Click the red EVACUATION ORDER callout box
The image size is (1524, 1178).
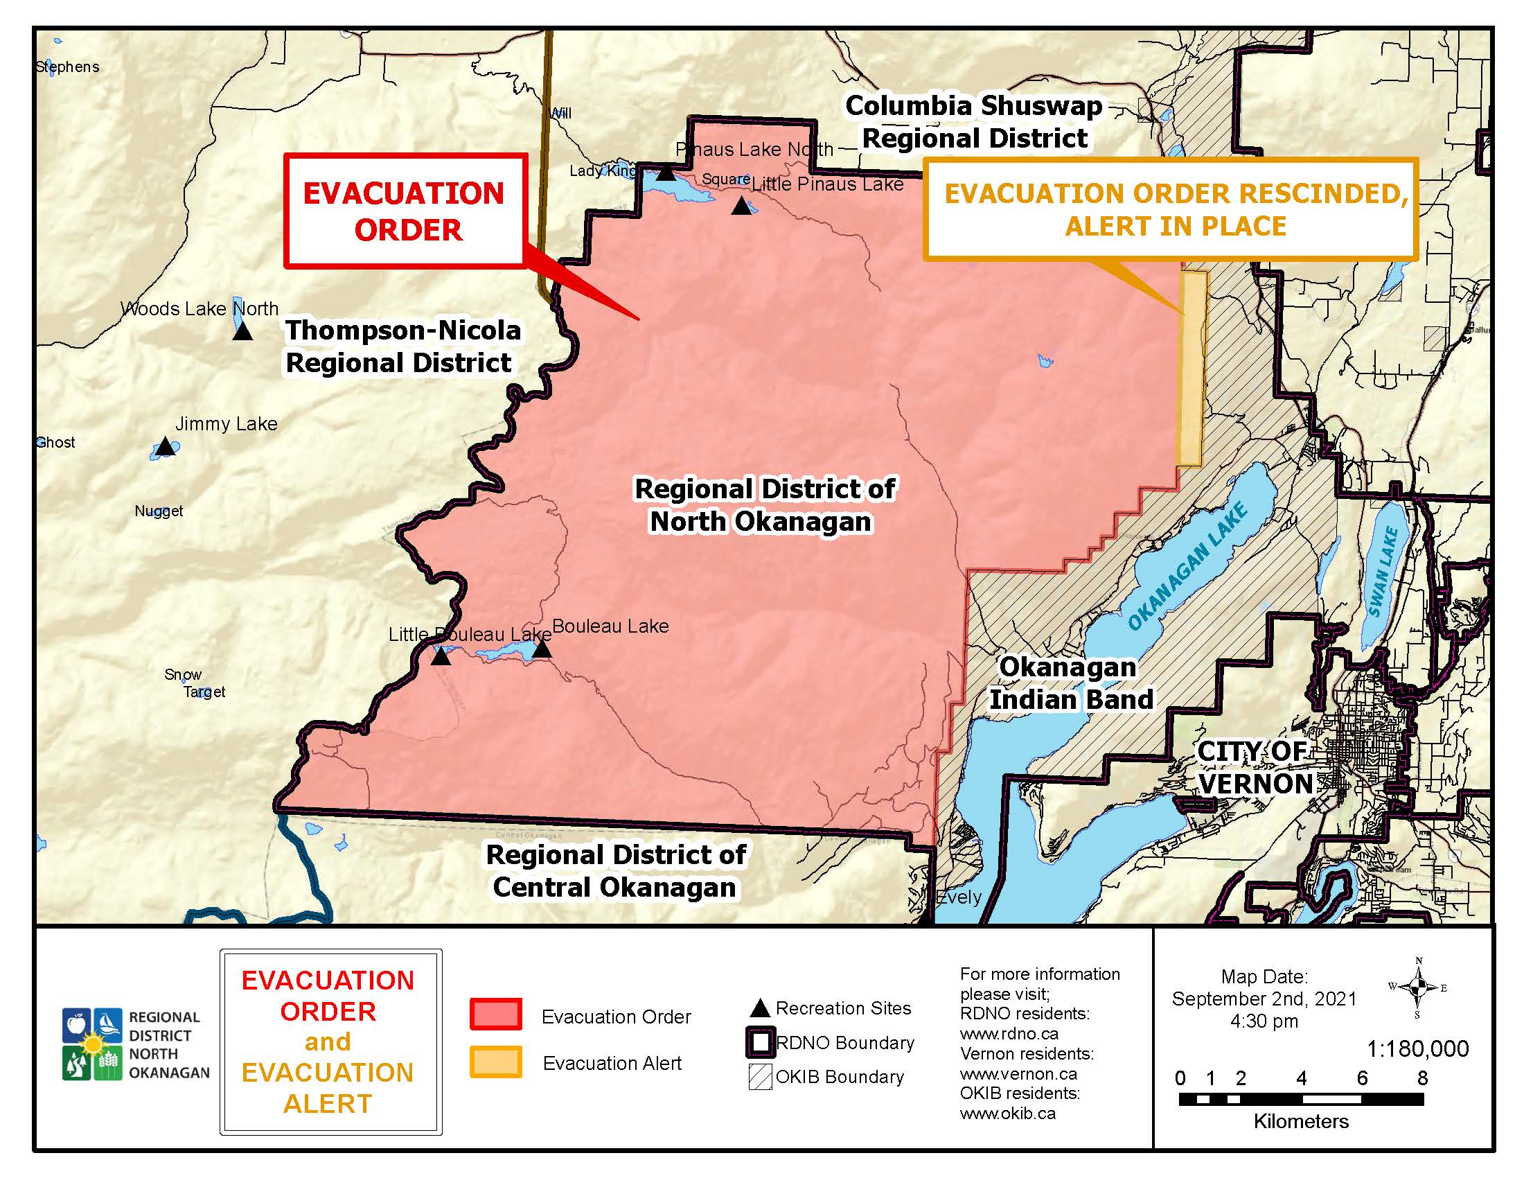(404, 211)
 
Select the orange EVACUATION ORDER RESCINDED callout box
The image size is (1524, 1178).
(1170, 209)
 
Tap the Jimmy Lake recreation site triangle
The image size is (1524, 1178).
(165, 447)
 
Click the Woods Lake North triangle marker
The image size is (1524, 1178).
(242, 331)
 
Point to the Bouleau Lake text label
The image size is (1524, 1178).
(610, 626)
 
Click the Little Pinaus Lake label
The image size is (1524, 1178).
(827, 184)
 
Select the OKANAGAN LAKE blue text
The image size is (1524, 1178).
(1187, 566)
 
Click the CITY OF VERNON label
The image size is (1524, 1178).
(1254, 768)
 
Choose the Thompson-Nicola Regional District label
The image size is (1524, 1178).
(402, 347)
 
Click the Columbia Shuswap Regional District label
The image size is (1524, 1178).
(974, 122)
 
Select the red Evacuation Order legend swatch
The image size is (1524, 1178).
(495, 1014)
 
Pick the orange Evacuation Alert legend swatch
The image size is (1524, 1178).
(495, 1062)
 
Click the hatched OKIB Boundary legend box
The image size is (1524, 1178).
(760, 1076)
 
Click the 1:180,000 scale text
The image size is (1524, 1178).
(1417, 1048)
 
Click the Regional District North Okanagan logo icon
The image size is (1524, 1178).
(92, 1044)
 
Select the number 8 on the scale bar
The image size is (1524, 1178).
(1421, 1078)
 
